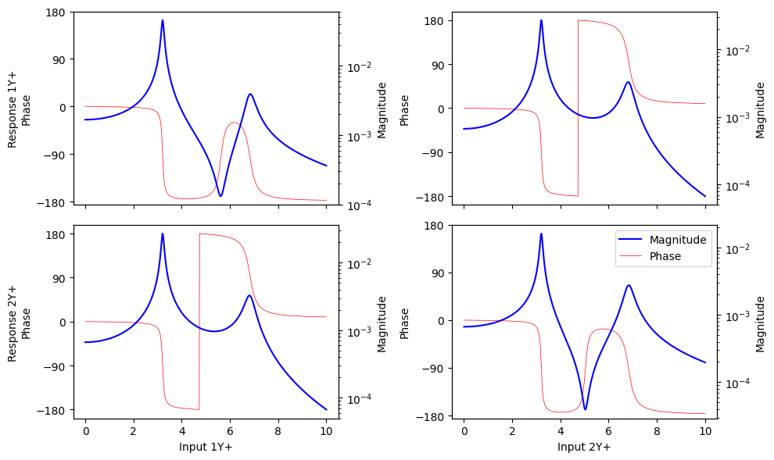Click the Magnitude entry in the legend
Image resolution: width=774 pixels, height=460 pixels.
point(678,240)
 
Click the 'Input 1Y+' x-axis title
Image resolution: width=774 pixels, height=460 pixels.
point(206,447)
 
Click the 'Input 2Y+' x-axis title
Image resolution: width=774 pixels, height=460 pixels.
point(584,447)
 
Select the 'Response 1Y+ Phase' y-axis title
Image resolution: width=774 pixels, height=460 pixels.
point(20,108)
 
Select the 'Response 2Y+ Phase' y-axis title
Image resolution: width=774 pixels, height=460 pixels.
point(20,322)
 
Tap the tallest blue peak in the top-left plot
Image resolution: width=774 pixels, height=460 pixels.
point(163,21)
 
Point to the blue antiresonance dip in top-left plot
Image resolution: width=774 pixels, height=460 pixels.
point(220,195)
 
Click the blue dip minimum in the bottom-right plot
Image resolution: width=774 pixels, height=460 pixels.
point(585,408)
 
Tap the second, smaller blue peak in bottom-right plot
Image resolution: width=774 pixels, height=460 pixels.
point(629,286)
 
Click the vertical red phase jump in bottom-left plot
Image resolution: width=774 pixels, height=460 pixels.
point(199,321)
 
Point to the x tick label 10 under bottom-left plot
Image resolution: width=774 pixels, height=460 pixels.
point(326,430)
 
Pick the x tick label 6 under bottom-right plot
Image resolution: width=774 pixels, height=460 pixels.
point(608,430)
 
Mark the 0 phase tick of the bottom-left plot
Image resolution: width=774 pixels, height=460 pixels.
point(64,322)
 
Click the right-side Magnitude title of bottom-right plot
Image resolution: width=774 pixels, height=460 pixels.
point(760,322)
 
